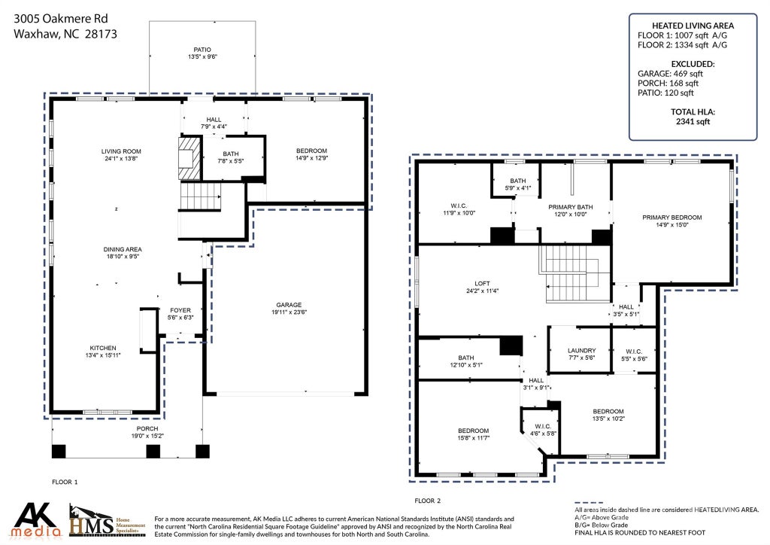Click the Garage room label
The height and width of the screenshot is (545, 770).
pyautogui.click(x=289, y=305)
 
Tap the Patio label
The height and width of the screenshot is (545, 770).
pyautogui.click(x=202, y=50)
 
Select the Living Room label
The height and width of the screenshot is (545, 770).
pyautogui.click(x=121, y=151)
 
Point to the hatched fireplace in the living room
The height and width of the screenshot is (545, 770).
pyautogui.click(x=189, y=158)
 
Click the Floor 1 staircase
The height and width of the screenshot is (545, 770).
pyautogui.click(x=200, y=196)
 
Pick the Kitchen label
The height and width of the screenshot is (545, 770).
pyautogui.click(x=103, y=348)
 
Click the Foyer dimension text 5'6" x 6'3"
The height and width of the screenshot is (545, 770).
pyautogui.click(x=180, y=318)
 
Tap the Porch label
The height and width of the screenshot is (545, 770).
pyautogui.click(x=147, y=428)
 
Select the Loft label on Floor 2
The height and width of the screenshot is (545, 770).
pyautogui.click(x=482, y=284)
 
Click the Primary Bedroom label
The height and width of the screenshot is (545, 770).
pyautogui.click(x=672, y=218)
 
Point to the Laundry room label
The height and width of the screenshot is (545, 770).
pyautogui.click(x=582, y=351)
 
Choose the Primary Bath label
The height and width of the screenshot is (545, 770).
pyautogui.click(x=571, y=207)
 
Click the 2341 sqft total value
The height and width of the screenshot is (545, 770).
pyautogui.click(x=693, y=121)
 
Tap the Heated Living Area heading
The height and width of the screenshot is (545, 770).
pyautogui.click(x=693, y=26)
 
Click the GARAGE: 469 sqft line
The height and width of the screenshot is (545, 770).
pyautogui.click(x=670, y=73)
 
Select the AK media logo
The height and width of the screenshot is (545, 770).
pyautogui.click(x=36, y=520)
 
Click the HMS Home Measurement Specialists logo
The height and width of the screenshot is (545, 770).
pyautogui.click(x=107, y=519)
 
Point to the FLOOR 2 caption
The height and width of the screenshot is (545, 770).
pyautogui.click(x=428, y=501)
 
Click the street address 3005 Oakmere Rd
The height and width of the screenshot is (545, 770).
pyautogui.click(x=60, y=19)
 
